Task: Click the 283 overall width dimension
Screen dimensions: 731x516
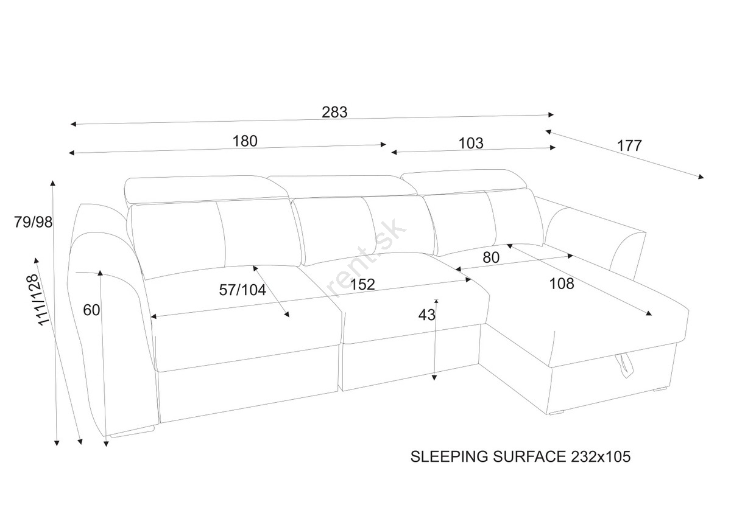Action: coord(334,112)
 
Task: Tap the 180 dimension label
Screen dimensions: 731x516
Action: coord(245,141)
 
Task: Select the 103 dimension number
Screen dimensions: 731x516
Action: coord(471,143)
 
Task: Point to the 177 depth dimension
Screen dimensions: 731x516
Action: coord(629,145)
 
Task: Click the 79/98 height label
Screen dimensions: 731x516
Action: coord(33,222)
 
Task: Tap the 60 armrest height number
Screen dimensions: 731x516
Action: coord(91,310)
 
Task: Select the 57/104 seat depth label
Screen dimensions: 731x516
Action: coord(242,290)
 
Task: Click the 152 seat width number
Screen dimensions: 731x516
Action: coord(362,284)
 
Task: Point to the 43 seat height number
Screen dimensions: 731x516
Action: coord(427,315)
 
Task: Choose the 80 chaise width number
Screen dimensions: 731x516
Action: coord(491,257)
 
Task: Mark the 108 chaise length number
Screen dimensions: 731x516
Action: coord(562,284)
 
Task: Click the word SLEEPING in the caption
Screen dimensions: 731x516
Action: coord(450,457)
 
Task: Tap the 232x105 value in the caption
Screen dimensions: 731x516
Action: coord(601,457)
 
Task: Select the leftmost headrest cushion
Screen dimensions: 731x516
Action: coord(207,190)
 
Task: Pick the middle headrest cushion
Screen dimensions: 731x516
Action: coord(342,186)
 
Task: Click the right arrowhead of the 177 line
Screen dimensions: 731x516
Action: coord(701,177)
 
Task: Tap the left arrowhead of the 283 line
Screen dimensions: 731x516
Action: coord(74,124)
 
